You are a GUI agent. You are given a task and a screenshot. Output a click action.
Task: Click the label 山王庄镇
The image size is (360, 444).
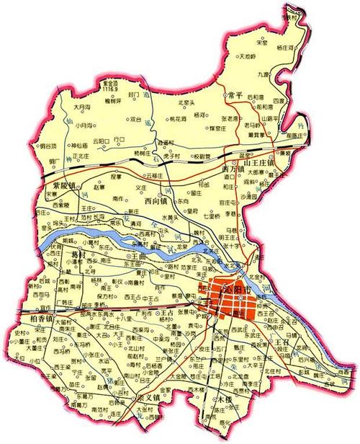pos(260,164)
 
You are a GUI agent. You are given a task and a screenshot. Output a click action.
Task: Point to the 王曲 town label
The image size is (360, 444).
pos(139,255)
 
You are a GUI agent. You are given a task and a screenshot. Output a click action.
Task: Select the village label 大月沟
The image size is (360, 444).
pos(84,107)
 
